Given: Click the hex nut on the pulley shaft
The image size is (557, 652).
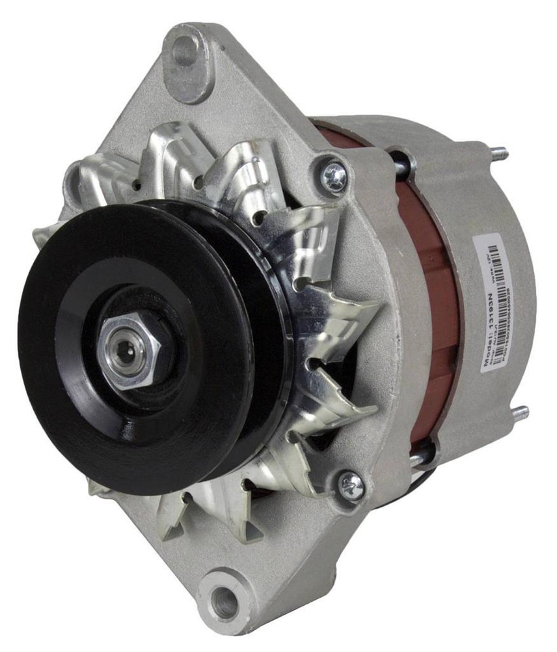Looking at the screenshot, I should (x=131, y=350).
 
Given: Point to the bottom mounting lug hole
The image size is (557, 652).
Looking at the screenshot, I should (x=223, y=600).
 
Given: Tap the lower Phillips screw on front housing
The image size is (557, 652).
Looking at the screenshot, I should (x=351, y=484).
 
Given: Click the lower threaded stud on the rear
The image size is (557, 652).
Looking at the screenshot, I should (x=520, y=412).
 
